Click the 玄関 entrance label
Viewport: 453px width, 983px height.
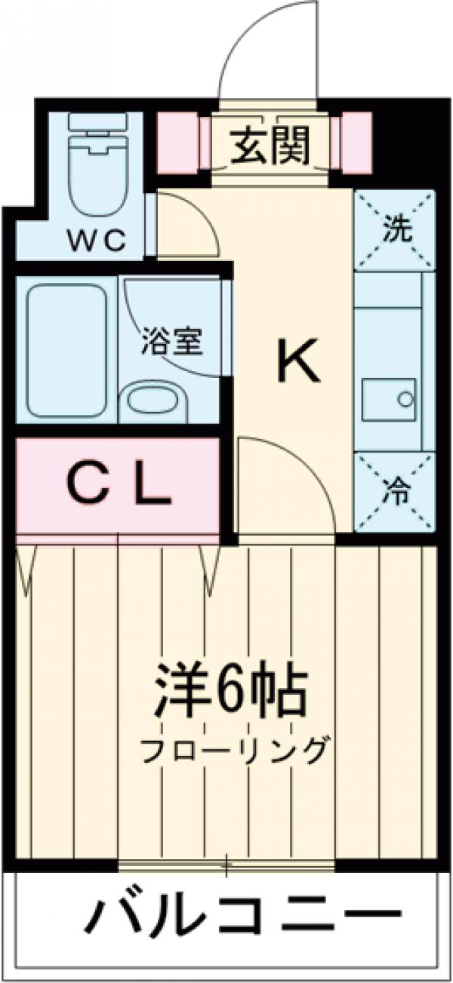pos(270,146)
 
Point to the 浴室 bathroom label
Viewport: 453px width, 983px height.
pos(172,343)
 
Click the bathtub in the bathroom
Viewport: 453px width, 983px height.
pos(66,352)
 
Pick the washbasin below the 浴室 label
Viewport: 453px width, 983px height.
pos(152,404)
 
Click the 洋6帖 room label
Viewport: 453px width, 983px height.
pos(230,691)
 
